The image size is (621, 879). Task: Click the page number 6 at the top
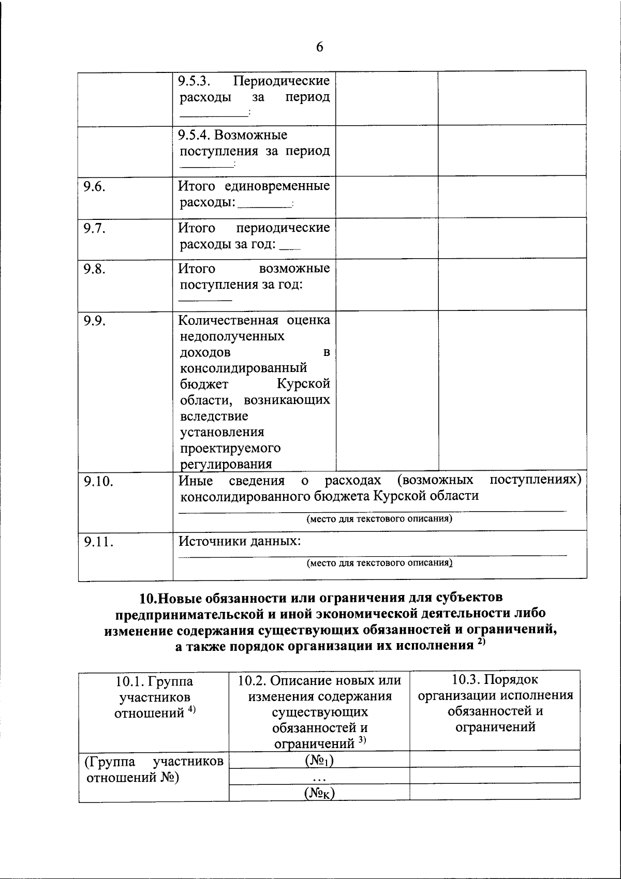point(319,47)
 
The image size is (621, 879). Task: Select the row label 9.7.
point(95,228)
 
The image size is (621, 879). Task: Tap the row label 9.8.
point(95,269)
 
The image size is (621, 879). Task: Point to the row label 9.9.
point(95,321)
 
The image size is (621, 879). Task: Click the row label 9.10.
point(98,481)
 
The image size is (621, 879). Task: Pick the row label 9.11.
point(98,542)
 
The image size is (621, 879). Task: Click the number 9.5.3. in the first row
point(195,81)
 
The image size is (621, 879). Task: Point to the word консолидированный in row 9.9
point(243,368)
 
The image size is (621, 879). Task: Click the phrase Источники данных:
point(240,542)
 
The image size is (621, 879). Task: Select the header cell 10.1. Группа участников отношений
point(154,696)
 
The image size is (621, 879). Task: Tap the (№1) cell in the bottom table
point(319,761)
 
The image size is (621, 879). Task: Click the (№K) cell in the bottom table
point(319,793)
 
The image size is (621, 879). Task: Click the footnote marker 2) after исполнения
point(481,642)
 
